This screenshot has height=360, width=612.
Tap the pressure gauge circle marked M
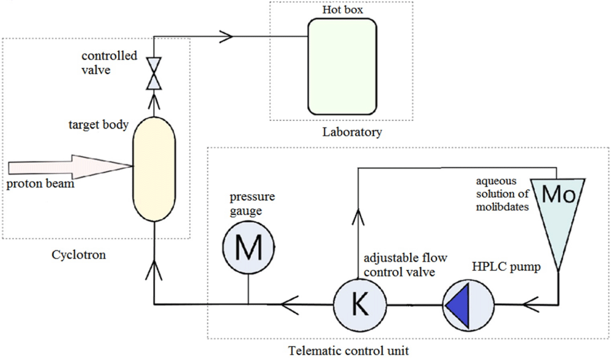[248, 247]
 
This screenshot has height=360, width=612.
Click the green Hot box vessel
[341, 65]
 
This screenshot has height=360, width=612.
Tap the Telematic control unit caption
[348, 351]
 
